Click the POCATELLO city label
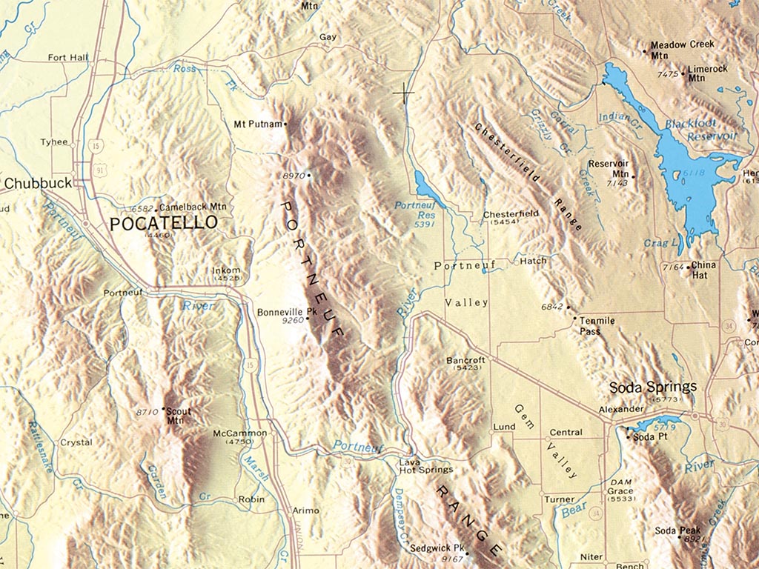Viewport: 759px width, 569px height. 164,222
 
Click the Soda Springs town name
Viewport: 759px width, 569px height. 652,387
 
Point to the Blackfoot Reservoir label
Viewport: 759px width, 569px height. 700,130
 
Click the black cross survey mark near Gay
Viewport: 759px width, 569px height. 404,93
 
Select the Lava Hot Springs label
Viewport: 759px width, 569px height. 426,465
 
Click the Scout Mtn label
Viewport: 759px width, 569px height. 174,416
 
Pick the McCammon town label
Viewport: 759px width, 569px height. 239,433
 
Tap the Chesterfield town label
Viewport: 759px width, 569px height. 510,214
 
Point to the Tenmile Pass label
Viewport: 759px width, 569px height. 596,326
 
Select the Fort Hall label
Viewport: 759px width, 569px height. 67,57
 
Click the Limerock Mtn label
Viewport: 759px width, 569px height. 707,73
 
